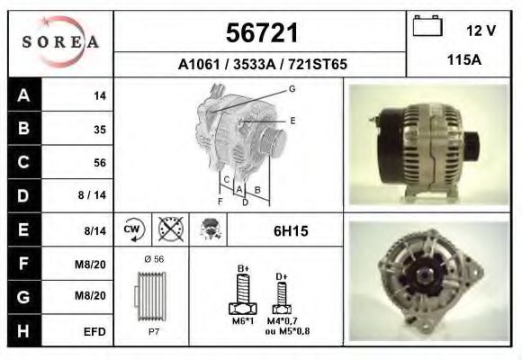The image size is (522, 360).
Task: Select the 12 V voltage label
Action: [481, 31]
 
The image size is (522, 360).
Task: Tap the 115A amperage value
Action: [463, 62]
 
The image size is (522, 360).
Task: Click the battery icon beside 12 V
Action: [426, 27]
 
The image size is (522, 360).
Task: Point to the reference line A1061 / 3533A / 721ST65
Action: [262, 65]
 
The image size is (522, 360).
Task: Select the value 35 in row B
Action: [100, 130]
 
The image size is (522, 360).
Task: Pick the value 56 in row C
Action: [100, 163]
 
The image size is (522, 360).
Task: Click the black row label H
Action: [22, 330]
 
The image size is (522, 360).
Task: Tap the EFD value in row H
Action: [95, 331]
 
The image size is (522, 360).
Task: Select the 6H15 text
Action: [291, 231]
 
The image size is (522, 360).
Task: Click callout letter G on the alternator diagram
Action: [292, 88]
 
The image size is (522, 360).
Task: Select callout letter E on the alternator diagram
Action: [292, 120]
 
